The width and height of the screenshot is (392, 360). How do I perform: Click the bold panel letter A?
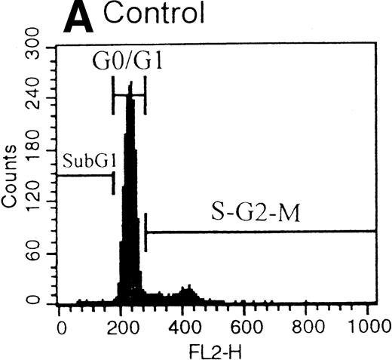80,19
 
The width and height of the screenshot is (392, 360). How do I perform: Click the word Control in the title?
156,16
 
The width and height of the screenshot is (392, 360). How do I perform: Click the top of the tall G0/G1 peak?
130,85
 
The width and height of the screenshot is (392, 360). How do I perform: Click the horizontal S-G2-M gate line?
260,232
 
